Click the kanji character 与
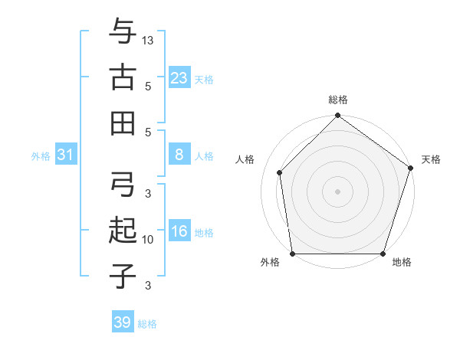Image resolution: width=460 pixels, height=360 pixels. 123,32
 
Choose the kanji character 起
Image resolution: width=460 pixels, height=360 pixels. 123,231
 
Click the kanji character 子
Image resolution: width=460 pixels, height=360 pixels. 123,275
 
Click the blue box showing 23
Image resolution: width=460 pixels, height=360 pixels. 179,77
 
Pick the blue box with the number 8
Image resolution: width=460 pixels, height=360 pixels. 179,155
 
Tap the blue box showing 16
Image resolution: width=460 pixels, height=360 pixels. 179,232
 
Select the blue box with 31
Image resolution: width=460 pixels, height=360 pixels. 66,155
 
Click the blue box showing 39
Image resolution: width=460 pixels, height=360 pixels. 123,322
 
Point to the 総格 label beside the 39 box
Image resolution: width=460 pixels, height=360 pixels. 147,324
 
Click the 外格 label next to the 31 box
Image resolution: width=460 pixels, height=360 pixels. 41,156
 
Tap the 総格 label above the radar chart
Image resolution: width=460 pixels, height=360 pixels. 338,100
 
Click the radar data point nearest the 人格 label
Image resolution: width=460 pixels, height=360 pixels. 280,172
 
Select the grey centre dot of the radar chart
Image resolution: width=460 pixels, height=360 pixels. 338,191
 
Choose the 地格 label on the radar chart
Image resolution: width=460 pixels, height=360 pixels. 402,262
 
